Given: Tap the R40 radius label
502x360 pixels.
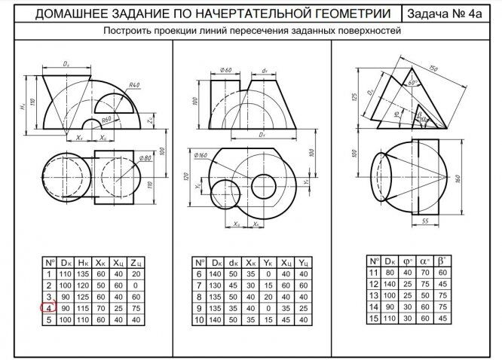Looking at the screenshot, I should click(x=135, y=86).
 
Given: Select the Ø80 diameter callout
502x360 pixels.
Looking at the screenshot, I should click(x=145, y=157).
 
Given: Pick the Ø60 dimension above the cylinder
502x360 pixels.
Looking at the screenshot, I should click(x=225, y=70).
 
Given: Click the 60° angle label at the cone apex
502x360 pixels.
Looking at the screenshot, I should click(x=413, y=81).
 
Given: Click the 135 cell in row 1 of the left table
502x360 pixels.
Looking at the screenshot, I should click(x=83, y=274).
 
